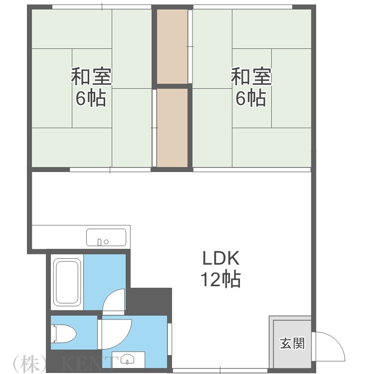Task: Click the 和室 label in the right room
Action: (251, 77)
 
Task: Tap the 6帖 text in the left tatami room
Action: (91, 98)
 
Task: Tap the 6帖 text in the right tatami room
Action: (250, 98)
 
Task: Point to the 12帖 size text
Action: (221, 279)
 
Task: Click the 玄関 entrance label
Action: (292, 343)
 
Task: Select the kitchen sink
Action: (106, 237)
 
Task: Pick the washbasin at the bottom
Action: (129, 359)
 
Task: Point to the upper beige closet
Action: (173, 46)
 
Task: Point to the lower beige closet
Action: (173, 128)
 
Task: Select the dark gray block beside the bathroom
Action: (150, 300)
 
